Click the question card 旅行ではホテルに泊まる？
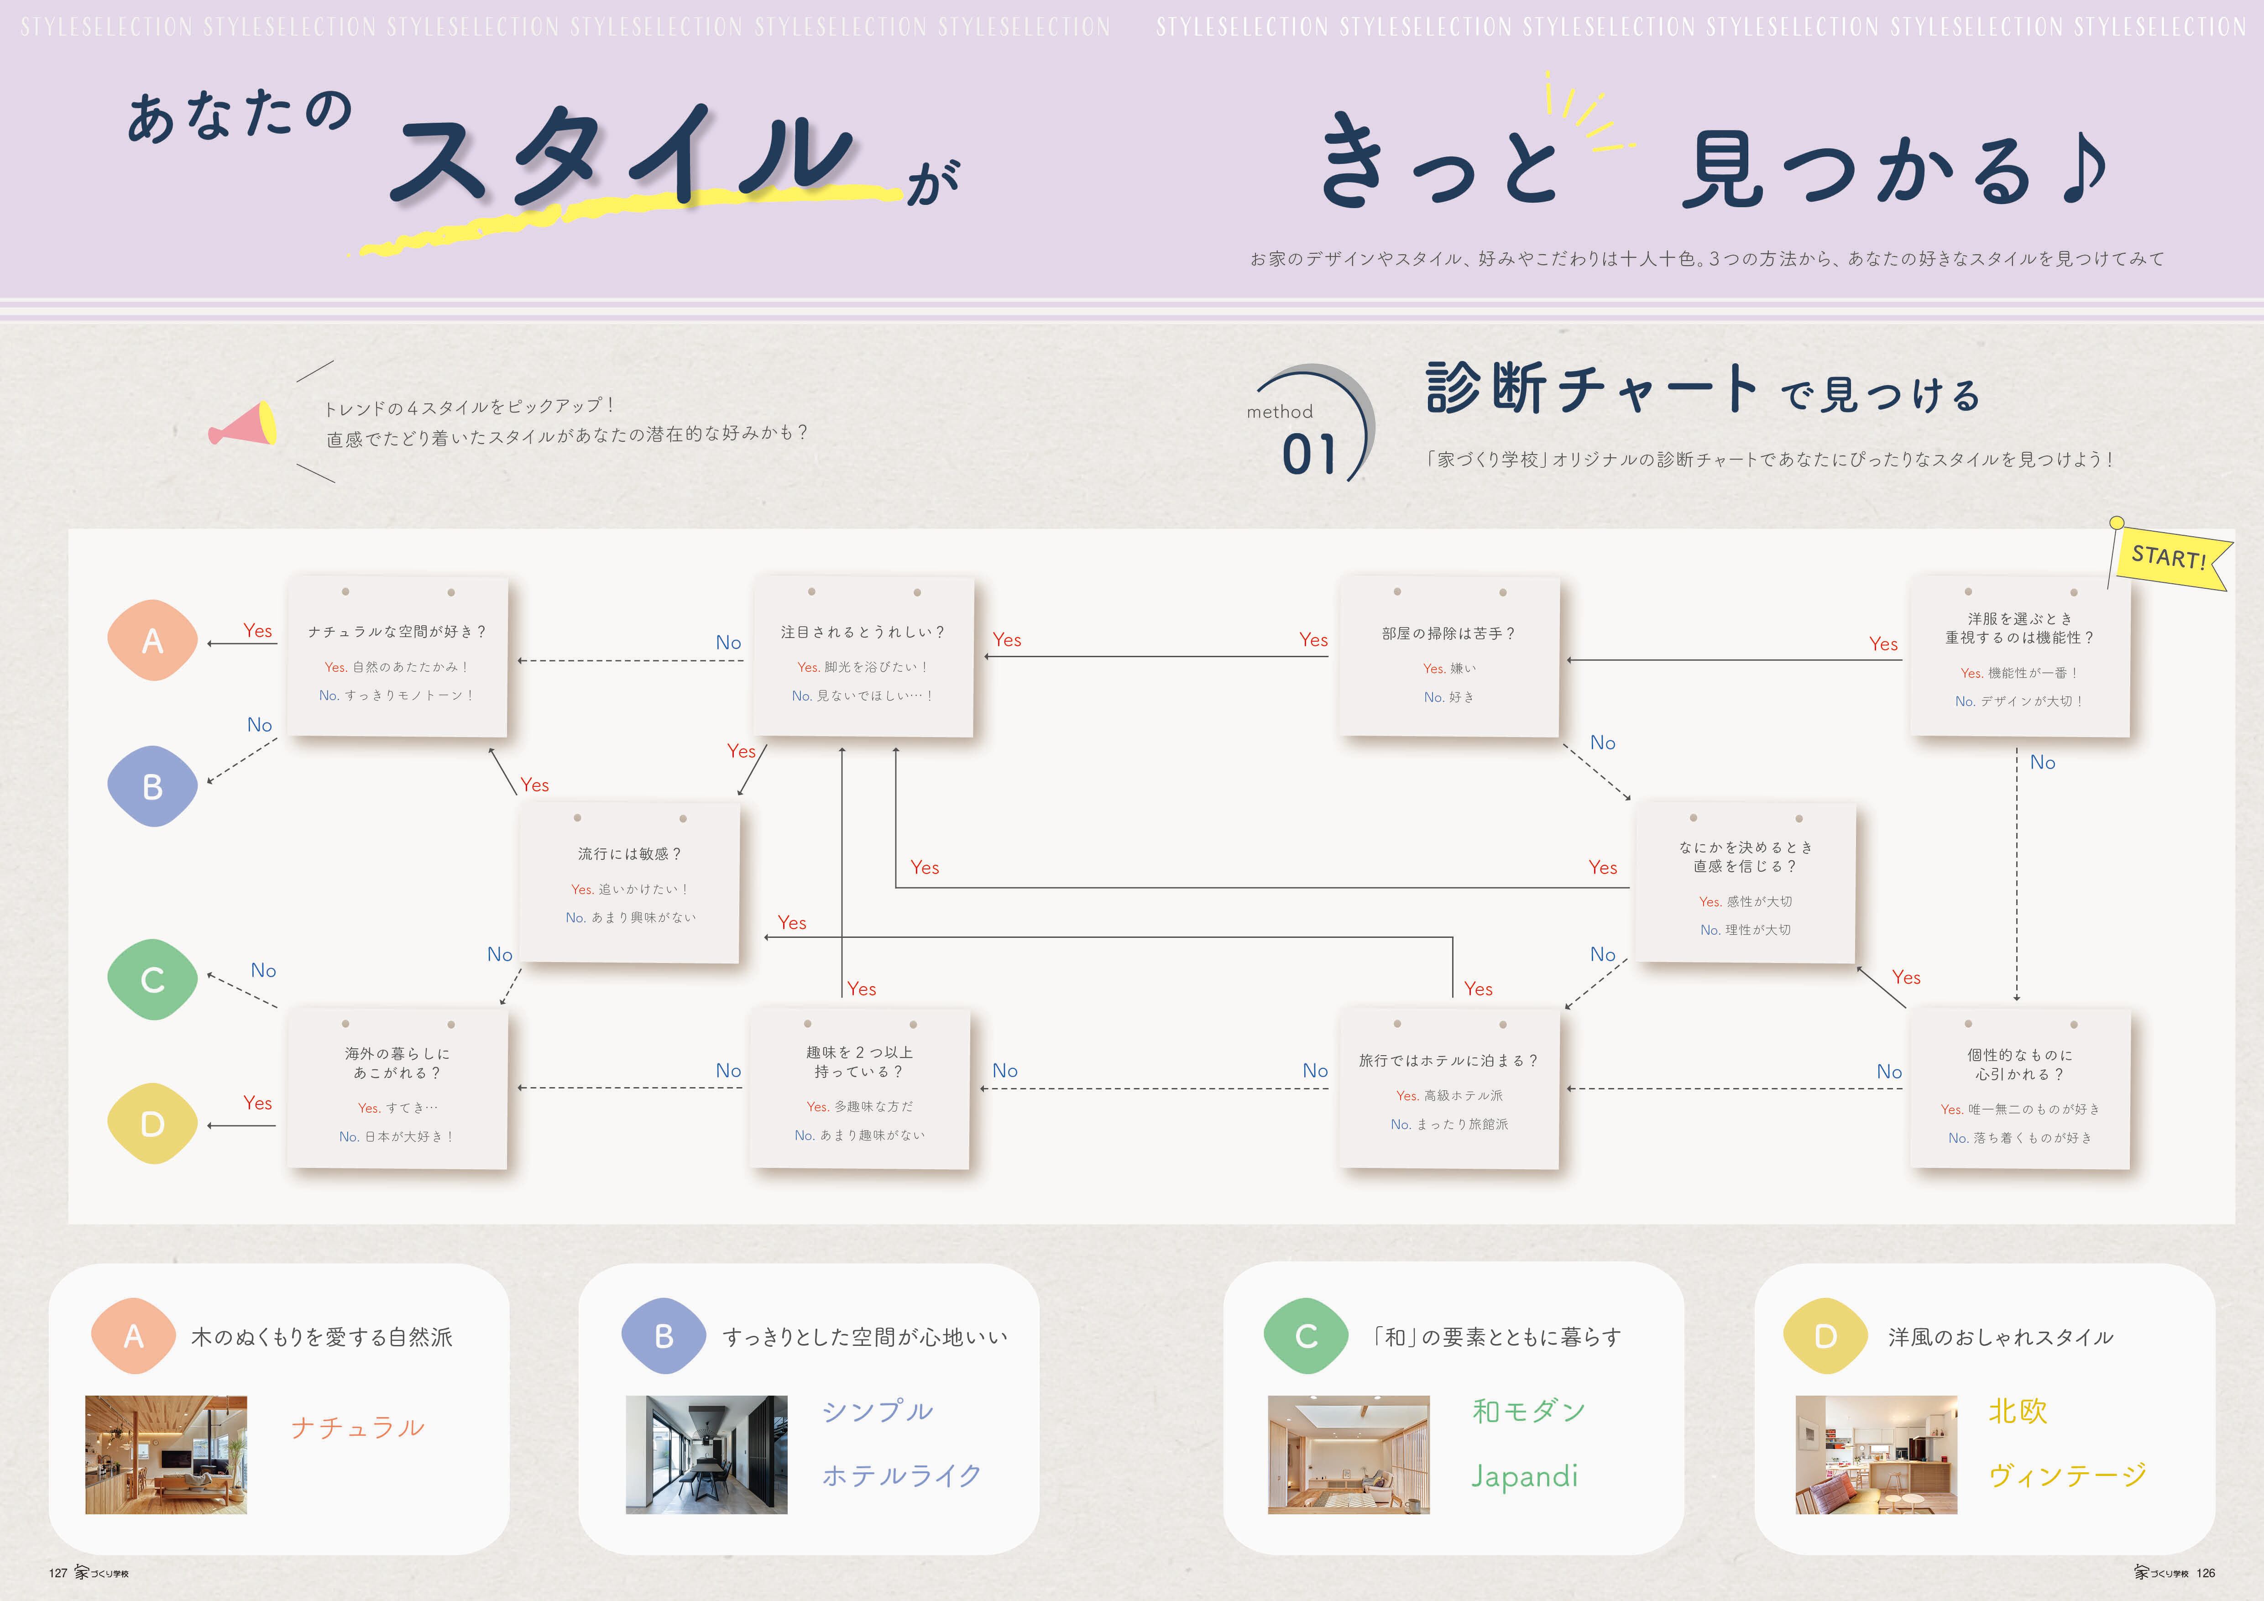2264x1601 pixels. click(x=1448, y=1088)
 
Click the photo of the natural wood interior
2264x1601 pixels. click(x=166, y=1454)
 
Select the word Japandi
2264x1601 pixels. click(x=1524, y=1476)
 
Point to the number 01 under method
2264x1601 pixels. click(x=1308, y=455)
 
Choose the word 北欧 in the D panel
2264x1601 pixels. click(x=2018, y=1411)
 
